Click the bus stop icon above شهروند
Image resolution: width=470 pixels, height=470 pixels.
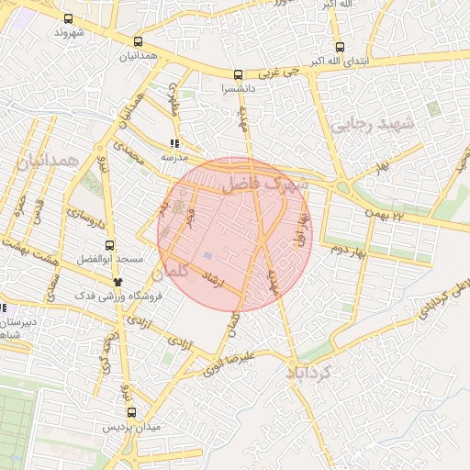pyautogui.click(x=69, y=18)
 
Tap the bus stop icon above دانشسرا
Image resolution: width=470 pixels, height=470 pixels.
pyautogui.click(x=239, y=75)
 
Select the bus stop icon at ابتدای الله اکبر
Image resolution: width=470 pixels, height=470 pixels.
pyautogui.click(x=340, y=47)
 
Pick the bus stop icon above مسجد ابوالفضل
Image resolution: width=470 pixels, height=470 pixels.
pyautogui.click(x=110, y=245)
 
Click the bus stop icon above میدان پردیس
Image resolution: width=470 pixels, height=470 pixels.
pyautogui.click(x=131, y=413)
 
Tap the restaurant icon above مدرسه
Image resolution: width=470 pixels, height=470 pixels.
pyautogui.click(x=174, y=143)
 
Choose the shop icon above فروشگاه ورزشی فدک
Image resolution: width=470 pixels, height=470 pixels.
pyautogui.click(x=117, y=282)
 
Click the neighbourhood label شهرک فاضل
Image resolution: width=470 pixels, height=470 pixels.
pyautogui.click(x=274, y=185)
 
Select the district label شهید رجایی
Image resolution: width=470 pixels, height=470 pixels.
pyautogui.click(x=374, y=123)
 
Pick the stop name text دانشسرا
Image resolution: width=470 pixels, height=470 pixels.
pyautogui.click(x=239, y=90)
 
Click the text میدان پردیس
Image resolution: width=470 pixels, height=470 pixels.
pyautogui.click(x=131, y=428)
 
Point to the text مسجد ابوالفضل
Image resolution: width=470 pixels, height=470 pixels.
pyautogui.click(x=110, y=261)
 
